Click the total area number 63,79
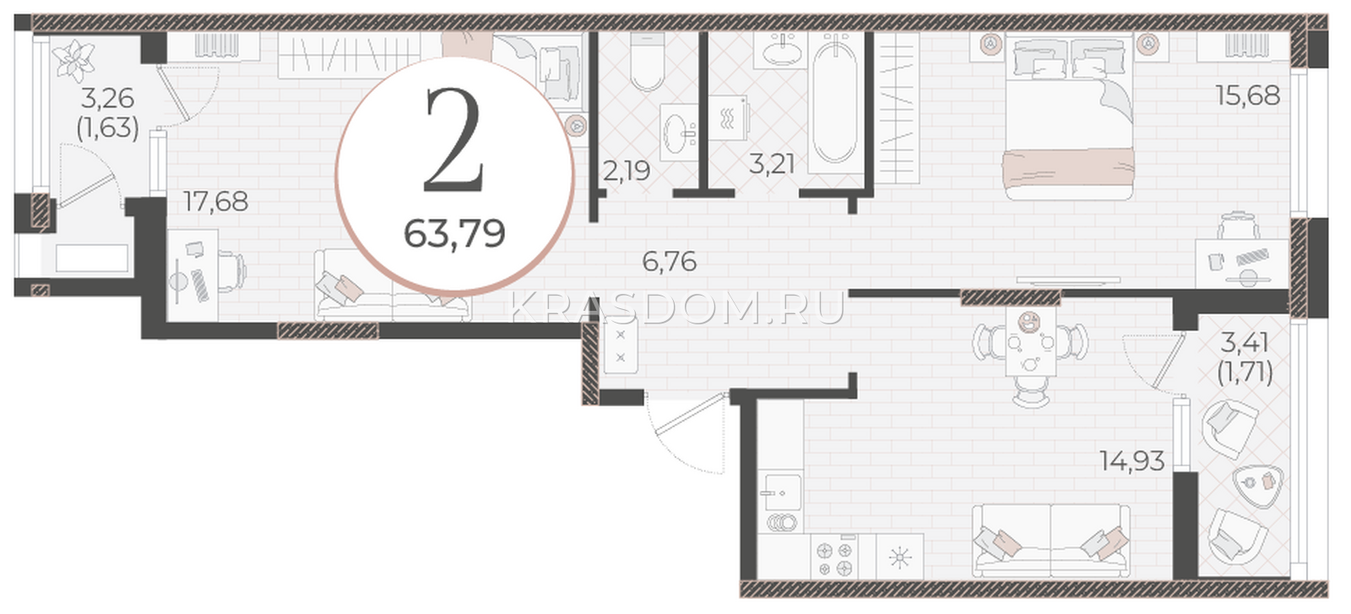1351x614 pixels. pos(454,234)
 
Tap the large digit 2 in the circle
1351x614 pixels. pos(454,140)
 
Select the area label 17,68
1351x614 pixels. pos(215,202)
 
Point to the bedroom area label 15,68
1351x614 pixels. pos(1247,95)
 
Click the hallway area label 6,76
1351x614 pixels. pos(670,261)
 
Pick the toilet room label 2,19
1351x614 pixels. pos(627,171)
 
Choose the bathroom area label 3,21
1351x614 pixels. pos(772,164)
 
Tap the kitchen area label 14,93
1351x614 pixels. pos(1132,461)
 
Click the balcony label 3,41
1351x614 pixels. pos(1245,343)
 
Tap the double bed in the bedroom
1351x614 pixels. pos(1068,117)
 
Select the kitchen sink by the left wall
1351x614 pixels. pos(781,492)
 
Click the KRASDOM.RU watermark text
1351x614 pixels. pos(676,309)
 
